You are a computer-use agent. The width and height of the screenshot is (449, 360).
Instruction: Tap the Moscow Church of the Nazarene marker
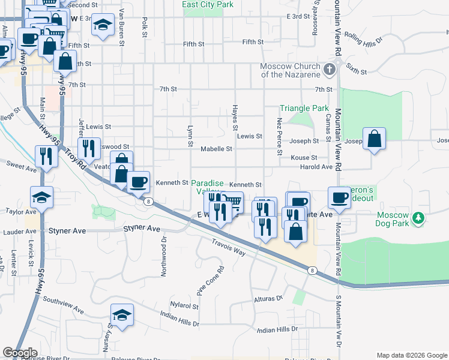[328, 70]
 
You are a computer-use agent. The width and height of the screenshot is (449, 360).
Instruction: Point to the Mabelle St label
[216, 149]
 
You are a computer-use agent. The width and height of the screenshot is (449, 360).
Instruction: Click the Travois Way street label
[228, 247]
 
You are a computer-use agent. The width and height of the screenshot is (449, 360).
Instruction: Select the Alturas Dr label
[268, 299]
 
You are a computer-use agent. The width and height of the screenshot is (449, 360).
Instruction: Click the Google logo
[20, 353]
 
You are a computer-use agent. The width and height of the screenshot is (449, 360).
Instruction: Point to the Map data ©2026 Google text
[411, 355]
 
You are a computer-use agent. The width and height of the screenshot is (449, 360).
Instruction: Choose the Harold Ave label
[316, 167]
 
